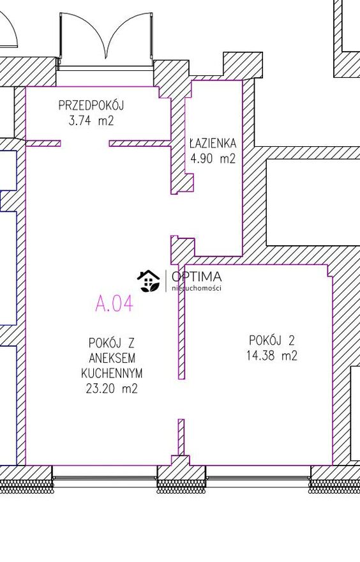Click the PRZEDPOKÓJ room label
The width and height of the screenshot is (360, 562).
[91, 105]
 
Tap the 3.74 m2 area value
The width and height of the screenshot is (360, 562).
[91, 121]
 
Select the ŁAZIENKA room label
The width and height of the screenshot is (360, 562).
[213, 143]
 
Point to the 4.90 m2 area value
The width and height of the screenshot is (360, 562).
[213, 158]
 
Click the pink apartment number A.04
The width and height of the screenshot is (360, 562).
[114, 303]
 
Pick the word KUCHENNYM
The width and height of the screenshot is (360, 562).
[112, 373]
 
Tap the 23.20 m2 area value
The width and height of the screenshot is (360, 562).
[112, 388]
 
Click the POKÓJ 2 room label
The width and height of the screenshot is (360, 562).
[272, 340]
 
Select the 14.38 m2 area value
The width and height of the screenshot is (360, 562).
[272, 356]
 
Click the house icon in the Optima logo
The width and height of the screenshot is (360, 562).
[148, 281]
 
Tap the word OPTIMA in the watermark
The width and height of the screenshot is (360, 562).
[197, 277]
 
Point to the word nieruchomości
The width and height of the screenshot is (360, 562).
[197, 288]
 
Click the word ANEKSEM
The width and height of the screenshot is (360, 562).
[112, 358]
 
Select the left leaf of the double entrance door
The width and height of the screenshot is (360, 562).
[83, 40]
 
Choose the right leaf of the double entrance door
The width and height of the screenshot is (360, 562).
[129, 40]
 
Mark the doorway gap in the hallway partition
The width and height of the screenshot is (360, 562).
[85, 143]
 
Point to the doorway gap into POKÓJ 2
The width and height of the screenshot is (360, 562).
[182, 399]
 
